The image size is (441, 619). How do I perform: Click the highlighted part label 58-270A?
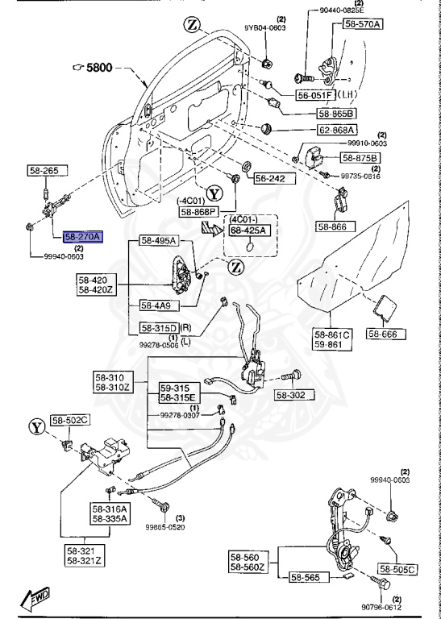click(x=84, y=236)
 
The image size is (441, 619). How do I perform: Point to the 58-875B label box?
click(x=361, y=157)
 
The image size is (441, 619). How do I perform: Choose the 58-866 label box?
click(x=333, y=227)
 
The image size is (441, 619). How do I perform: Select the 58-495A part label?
click(x=158, y=241)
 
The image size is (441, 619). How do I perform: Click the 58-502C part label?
click(x=71, y=420)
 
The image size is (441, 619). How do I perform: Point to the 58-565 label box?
click(x=307, y=577)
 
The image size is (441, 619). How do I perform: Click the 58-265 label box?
click(x=38, y=171)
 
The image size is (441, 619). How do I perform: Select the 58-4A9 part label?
click(x=157, y=305)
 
